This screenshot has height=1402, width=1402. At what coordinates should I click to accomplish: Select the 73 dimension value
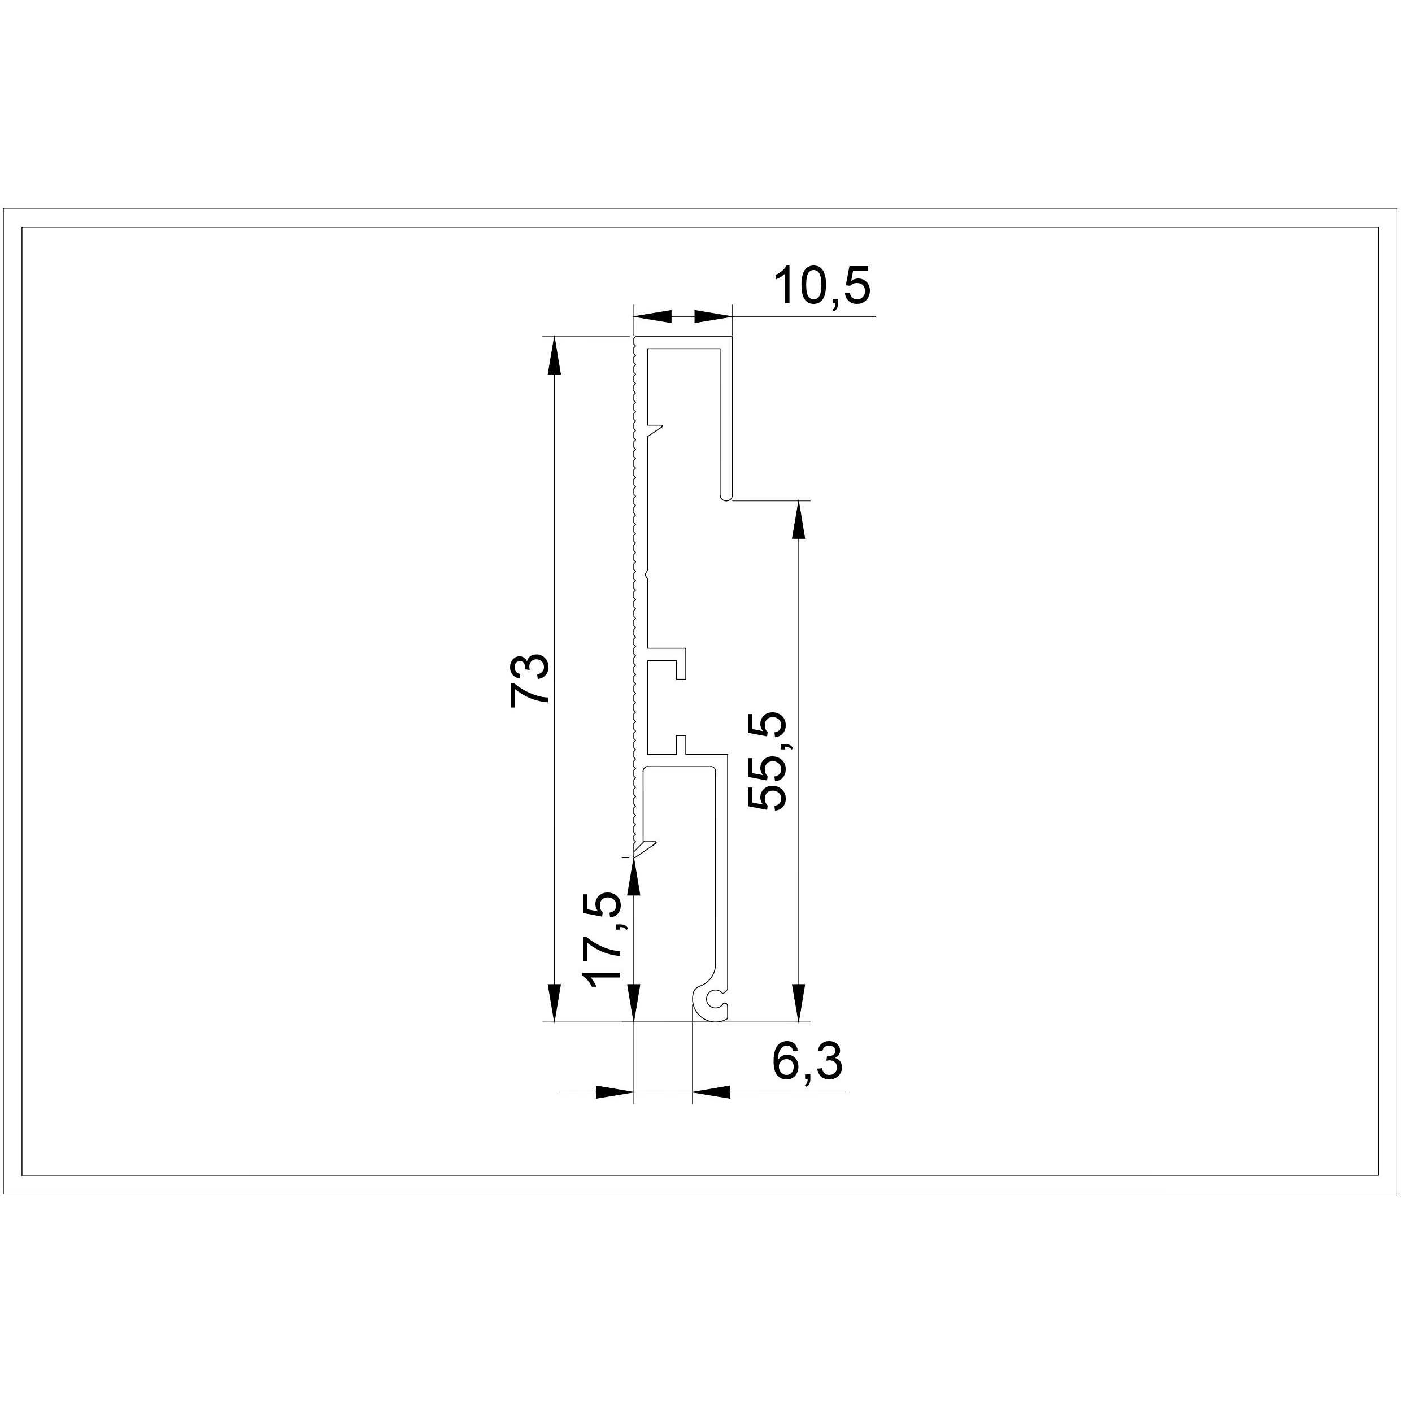[530, 680]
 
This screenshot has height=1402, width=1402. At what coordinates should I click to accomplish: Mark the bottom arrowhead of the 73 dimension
[554, 1003]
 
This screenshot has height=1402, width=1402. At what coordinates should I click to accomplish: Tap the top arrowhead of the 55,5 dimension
[798, 519]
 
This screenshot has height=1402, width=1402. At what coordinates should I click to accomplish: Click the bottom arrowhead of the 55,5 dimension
[798, 1003]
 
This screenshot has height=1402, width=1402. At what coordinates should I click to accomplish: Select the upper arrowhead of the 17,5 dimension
[634, 877]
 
